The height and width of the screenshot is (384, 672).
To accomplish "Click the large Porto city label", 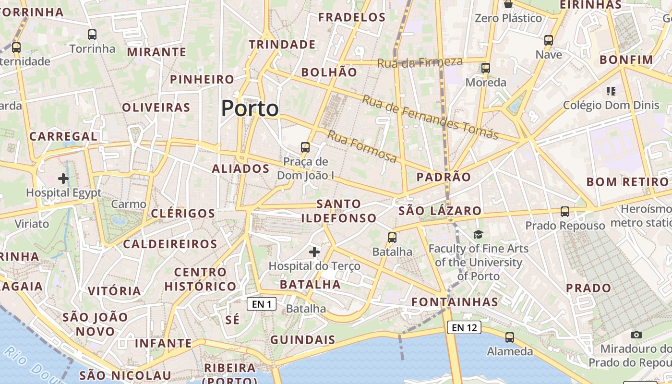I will click(250, 108).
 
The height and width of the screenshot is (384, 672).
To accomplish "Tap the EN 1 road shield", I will click(262, 304).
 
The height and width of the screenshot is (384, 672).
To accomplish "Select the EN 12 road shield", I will click(464, 328).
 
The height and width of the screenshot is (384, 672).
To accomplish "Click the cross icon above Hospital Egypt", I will click(63, 179).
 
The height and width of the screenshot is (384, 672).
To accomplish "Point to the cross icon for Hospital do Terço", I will click(314, 252).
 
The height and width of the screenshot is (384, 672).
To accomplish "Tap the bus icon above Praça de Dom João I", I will click(305, 147).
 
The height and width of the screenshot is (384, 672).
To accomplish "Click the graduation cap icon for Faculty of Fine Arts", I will click(478, 234).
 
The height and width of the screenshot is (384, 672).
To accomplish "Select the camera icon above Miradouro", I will click(636, 335).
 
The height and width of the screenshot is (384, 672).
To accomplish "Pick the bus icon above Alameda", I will click(510, 337).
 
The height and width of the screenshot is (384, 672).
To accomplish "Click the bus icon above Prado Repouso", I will click(565, 211).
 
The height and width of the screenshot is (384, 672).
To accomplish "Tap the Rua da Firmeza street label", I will click(420, 62).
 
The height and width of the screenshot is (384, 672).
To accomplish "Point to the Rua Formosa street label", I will click(362, 146).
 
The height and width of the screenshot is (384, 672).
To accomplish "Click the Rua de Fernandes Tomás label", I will click(430, 117).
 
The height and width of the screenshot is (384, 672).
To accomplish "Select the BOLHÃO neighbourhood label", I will click(329, 72).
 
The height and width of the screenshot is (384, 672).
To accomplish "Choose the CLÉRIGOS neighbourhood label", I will click(183, 213).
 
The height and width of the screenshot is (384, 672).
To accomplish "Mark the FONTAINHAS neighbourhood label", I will click(455, 302).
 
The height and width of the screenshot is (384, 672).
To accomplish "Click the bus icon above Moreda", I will click(486, 68).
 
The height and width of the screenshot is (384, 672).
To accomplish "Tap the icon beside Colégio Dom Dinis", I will click(611, 91).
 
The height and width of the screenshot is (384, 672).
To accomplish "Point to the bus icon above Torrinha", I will click(92, 35).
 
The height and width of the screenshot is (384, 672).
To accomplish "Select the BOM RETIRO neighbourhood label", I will click(627, 182).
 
